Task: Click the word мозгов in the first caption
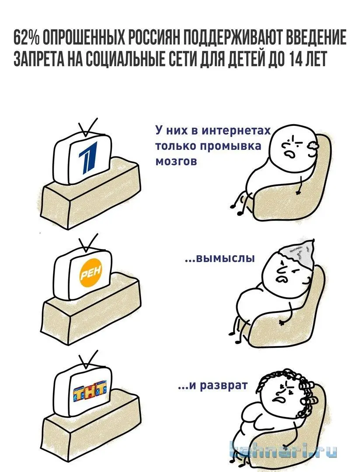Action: click(176, 162)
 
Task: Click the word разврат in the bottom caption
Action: click(224, 385)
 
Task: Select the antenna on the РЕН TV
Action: click(87, 243)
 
